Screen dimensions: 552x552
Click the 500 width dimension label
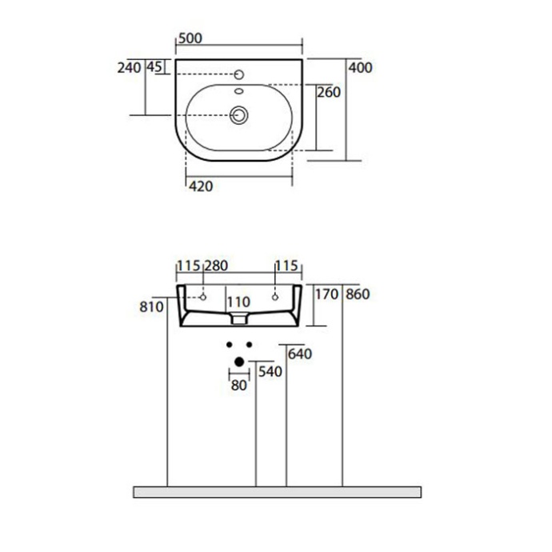tap(190, 38)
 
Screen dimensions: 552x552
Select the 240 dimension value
tap(129, 68)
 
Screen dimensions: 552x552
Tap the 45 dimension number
tap(154, 68)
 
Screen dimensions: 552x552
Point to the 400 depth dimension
tap(361, 68)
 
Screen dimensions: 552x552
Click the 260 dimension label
tap(329, 93)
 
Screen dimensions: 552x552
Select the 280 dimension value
tap(218, 266)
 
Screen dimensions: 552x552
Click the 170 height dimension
tap(328, 294)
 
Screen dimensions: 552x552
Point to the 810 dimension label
tap(151, 306)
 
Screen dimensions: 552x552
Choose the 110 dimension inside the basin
tap(238, 302)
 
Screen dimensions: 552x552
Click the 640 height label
tap(298, 354)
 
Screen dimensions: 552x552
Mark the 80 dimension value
tap(238, 385)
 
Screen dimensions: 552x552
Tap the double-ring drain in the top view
tap(239, 115)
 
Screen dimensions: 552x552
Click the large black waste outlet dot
tap(238, 362)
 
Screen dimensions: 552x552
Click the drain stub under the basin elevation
tap(238, 319)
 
